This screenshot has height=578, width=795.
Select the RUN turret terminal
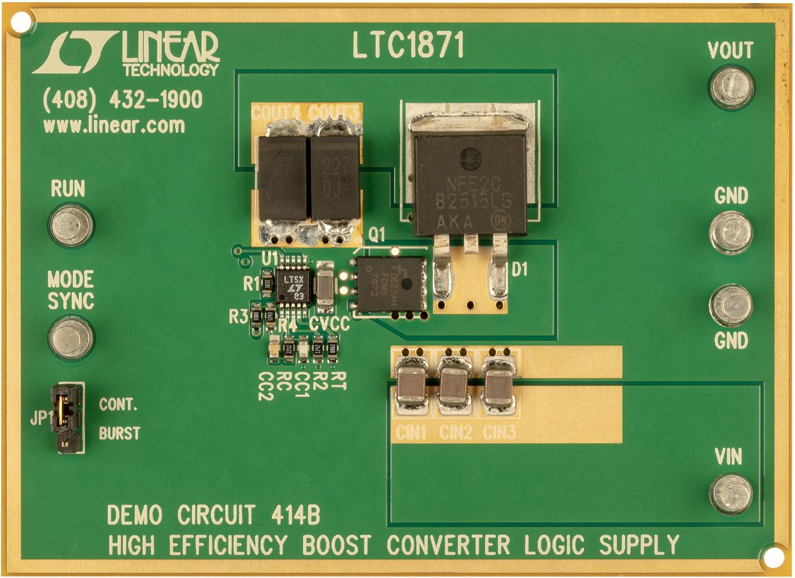point(71,225)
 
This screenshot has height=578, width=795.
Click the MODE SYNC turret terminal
point(71,338)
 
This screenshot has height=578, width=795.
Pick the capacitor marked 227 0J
point(335,177)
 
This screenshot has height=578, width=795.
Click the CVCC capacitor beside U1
point(325,283)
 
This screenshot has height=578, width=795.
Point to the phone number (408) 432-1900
point(122,100)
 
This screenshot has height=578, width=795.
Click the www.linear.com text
point(114,126)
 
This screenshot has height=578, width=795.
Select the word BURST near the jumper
point(120,433)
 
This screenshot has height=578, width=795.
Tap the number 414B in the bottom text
point(295,515)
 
